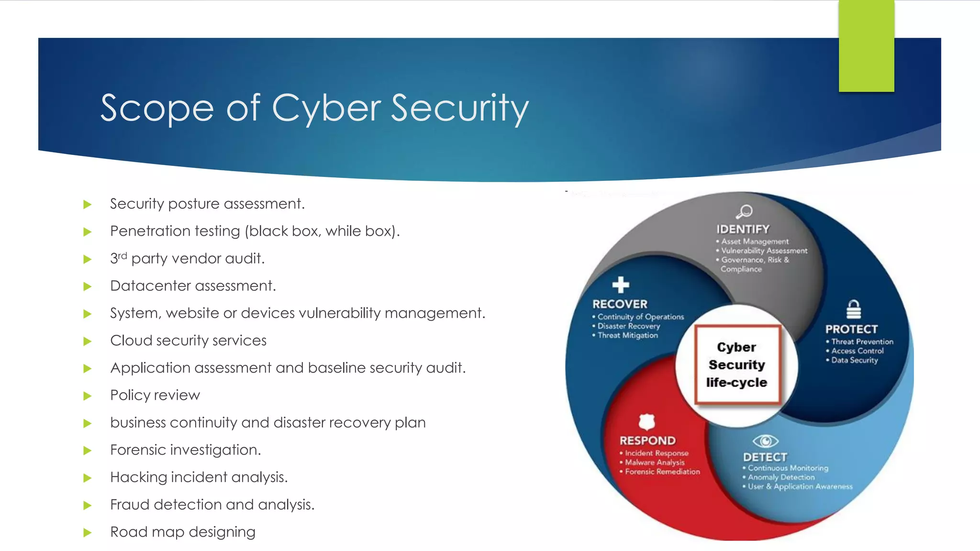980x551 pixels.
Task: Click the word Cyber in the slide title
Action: coord(326,108)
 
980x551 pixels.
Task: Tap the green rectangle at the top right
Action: coord(866,46)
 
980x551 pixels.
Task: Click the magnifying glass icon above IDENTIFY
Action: coord(745,211)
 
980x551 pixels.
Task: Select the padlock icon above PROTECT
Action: coord(854,309)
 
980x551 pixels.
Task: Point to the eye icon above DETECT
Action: coord(765,441)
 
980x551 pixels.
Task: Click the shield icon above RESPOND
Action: coord(646,422)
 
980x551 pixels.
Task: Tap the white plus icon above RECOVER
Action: coord(621,285)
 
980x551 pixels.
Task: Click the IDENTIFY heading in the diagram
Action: coord(743,229)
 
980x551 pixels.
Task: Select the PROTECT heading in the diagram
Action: coord(851,329)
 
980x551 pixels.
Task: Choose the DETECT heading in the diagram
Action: coord(765,457)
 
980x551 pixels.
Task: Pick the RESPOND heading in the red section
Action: coord(647,441)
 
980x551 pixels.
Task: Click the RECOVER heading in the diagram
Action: coord(620,304)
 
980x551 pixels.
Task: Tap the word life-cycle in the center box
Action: coord(736,383)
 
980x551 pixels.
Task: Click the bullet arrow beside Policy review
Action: coord(87,396)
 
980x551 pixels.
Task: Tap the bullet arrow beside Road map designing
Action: coord(87,532)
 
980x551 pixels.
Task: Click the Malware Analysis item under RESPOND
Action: coord(655,463)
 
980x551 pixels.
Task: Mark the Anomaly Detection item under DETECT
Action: coord(781,477)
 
